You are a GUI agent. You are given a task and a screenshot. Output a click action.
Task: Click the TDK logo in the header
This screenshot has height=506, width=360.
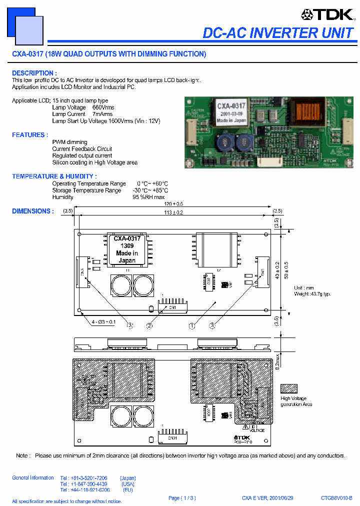pos(327,15)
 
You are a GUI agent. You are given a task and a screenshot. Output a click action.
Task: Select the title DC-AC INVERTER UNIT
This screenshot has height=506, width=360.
pos(278,33)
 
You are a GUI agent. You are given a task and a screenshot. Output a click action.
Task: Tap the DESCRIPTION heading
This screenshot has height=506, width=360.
pos(34,73)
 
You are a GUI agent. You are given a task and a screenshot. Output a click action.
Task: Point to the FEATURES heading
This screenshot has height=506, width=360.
pos(30,135)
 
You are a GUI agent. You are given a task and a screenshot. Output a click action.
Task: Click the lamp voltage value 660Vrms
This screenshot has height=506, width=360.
pos(103,107)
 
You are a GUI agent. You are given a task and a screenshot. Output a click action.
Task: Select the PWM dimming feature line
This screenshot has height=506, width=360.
pos(69,142)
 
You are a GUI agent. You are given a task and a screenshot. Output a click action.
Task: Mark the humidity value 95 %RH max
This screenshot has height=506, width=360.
pos(148,197)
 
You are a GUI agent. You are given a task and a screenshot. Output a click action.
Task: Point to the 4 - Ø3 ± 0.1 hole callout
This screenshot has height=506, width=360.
pos(103,321)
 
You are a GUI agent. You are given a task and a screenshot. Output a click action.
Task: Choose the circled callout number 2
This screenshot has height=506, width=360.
pos(149,326)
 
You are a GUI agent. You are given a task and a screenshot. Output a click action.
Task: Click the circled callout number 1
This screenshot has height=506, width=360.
pos(191,326)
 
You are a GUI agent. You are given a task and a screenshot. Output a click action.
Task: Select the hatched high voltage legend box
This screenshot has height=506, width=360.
pos(289,388)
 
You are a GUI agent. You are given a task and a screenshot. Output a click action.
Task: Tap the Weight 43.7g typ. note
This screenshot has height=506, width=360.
pos(312,294)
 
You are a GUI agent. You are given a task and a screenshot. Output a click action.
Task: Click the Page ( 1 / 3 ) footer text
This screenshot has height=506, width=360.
pos(182,498)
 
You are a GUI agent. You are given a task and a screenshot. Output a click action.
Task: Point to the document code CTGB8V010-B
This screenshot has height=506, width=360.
pos(336,498)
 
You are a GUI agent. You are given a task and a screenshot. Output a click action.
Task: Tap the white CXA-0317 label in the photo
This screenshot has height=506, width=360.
pos(230,113)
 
